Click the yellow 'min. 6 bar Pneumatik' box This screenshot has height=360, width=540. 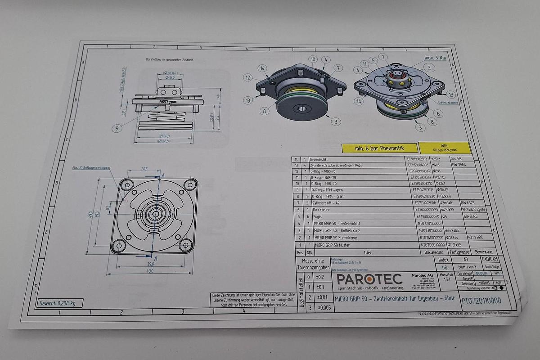click(x=380, y=148)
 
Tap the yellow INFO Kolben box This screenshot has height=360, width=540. click(x=445, y=148)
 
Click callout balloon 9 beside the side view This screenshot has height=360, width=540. click(x=117, y=128)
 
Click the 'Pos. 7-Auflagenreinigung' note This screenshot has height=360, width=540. click(x=91, y=167)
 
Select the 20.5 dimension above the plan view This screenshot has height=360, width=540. click(x=144, y=169)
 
